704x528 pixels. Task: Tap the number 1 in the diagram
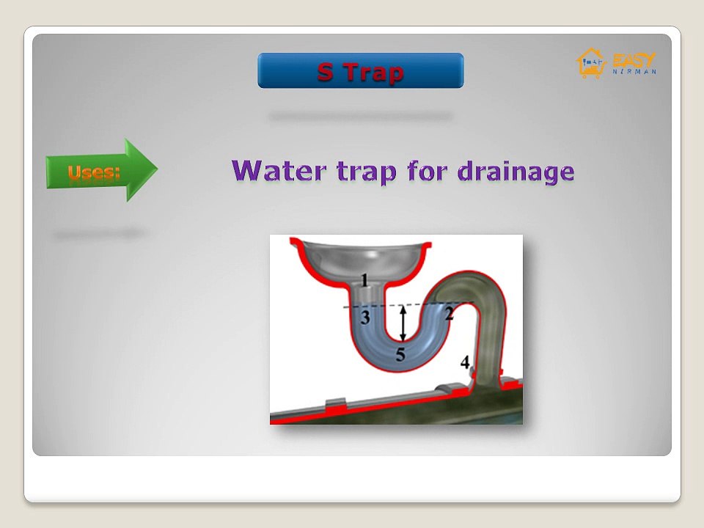tap(366, 279)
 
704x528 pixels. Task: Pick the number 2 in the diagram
tap(449, 315)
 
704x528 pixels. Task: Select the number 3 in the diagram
tap(365, 318)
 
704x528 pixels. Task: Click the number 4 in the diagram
tap(465, 362)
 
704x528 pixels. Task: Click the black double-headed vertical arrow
tap(402, 323)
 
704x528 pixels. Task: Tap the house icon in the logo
tap(589, 63)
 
